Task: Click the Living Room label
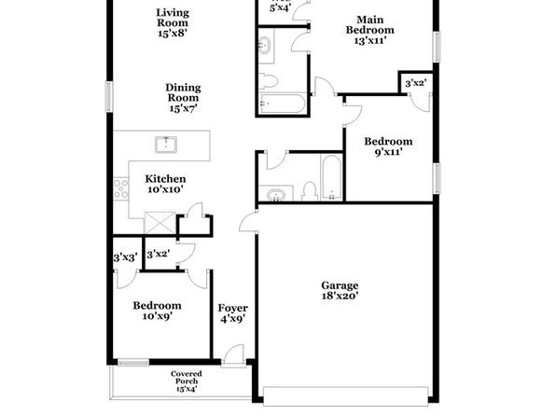click(173, 23)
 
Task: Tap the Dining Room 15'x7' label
click(183, 98)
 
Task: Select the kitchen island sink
click(166, 145)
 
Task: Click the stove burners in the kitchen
click(120, 188)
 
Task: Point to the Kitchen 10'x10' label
click(166, 184)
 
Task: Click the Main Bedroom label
click(369, 30)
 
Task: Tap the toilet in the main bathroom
click(268, 81)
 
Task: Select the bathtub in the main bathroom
click(282, 104)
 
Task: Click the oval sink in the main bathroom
click(265, 46)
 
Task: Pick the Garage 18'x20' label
click(340, 290)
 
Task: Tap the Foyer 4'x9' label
click(232, 313)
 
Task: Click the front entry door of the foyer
click(233, 354)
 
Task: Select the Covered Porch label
click(187, 381)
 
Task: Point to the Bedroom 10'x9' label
click(157, 311)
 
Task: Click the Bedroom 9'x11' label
click(388, 146)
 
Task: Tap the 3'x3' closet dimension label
click(126, 257)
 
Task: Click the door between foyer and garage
click(249, 221)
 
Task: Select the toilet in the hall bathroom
click(311, 191)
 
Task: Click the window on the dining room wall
click(109, 97)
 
